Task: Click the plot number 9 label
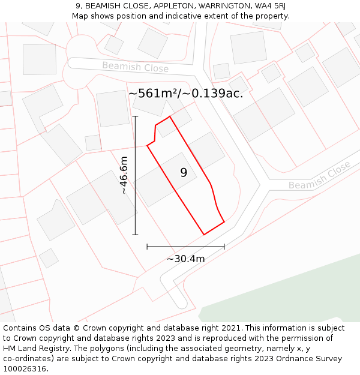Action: [184, 173]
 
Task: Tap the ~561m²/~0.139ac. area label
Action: [185, 93]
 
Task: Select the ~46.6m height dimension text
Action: [124, 175]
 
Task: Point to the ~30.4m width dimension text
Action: [185, 259]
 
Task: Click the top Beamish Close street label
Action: [135, 67]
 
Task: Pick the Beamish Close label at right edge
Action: [319, 175]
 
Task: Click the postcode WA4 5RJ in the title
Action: [268, 6]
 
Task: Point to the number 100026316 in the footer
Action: [23, 369]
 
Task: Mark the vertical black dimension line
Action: [136, 175]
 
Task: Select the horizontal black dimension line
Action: [185, 246]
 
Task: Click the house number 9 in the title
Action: [79, 6]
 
